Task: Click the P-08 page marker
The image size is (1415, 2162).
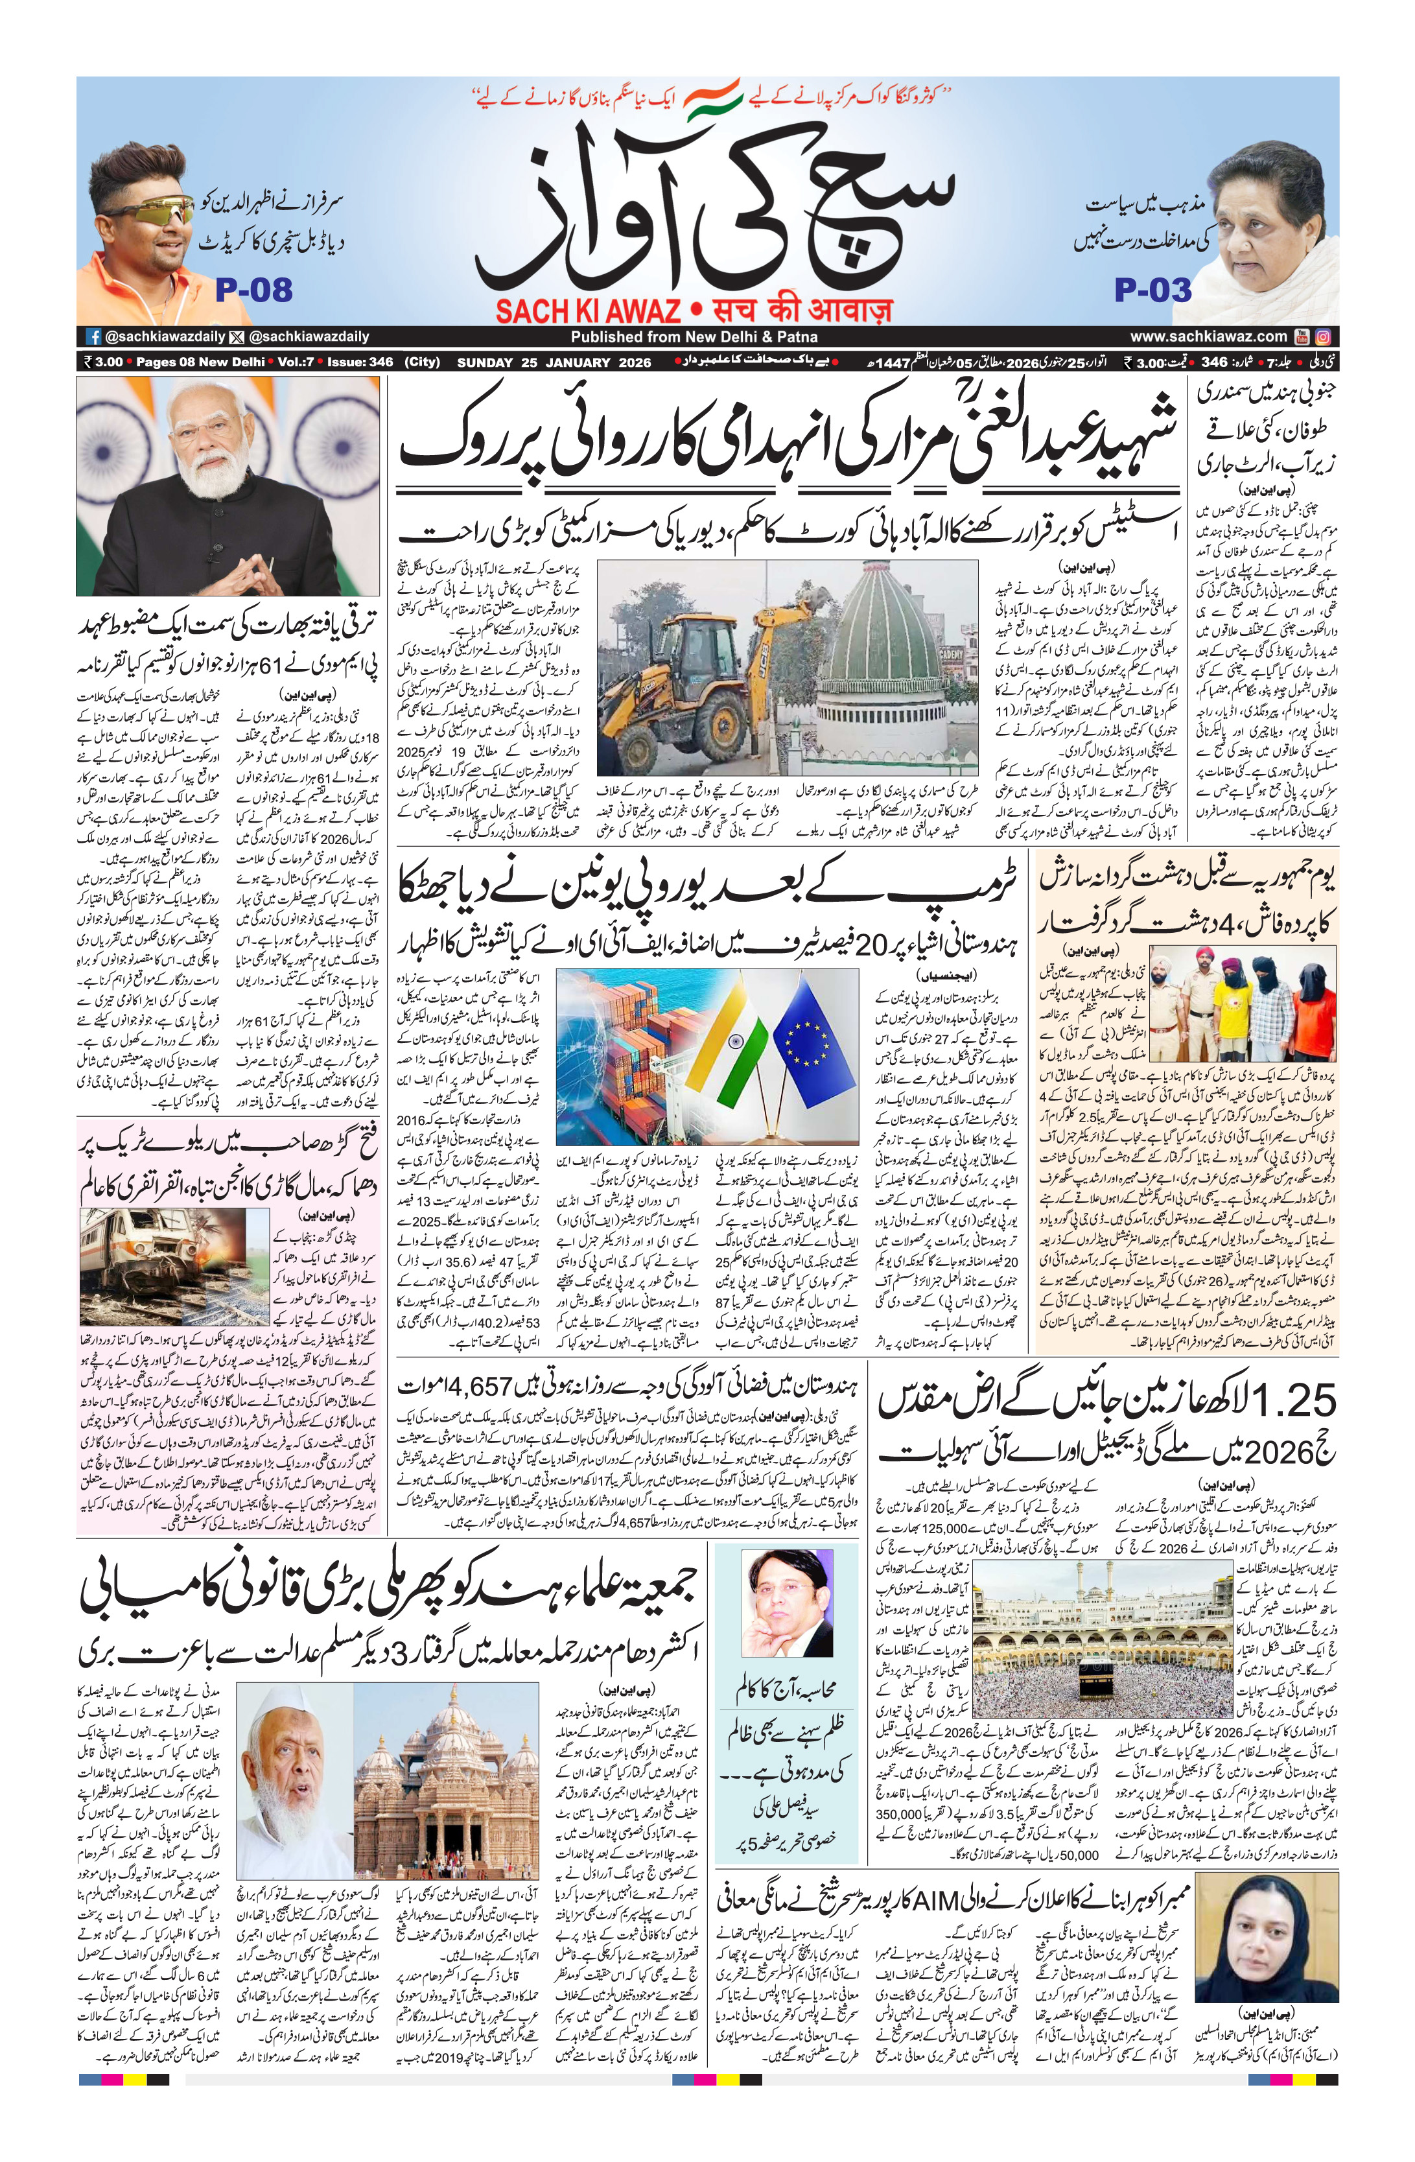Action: [x=253, y=290]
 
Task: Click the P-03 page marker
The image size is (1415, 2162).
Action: [x=1152, y=290]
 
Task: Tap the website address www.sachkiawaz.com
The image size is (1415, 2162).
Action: [x=1208, y=336]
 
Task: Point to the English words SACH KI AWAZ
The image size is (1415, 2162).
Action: [x=588, y=312]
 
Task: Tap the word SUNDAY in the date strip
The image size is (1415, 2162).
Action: [x=485, y=362]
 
